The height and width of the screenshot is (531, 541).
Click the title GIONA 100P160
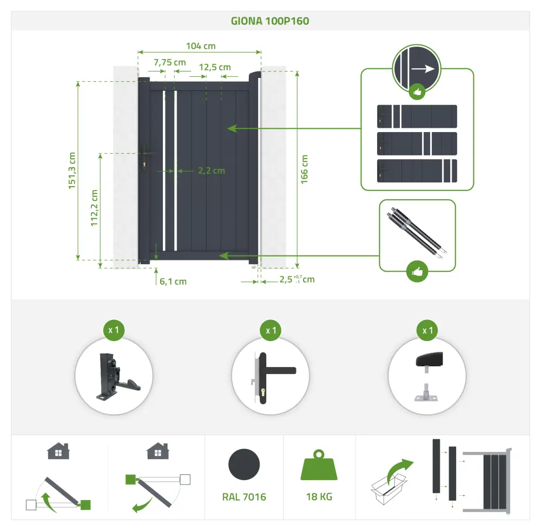click(x=270, y=21)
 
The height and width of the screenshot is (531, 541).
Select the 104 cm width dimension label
click(x=201, y=46)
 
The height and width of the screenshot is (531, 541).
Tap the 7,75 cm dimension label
click(x=170, y=62)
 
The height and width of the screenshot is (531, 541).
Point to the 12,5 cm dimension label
click(x=215, y=67)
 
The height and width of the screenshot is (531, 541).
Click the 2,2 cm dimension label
click(x=212, y=171)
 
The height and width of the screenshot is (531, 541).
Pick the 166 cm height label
click(x=304, y=169)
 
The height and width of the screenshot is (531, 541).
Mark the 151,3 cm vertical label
click(x=72, y=171)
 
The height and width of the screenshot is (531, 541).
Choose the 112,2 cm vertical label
click(x=94, y=208)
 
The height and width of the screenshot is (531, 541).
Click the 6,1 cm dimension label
click(x=173, y=281)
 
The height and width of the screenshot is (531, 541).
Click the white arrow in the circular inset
click(x=423, y=69)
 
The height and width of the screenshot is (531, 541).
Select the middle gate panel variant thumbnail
click(x=417, y=143)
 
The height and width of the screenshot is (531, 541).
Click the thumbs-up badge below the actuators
click(x=417, y=271)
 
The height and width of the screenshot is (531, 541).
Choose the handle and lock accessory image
click(x=273, y=378)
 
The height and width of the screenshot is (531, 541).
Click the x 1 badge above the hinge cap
click(x=427, y=330)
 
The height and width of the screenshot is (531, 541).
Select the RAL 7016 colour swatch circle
click(x=244, y=464)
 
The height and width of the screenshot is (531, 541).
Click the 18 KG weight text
click(x=319, y=497)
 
